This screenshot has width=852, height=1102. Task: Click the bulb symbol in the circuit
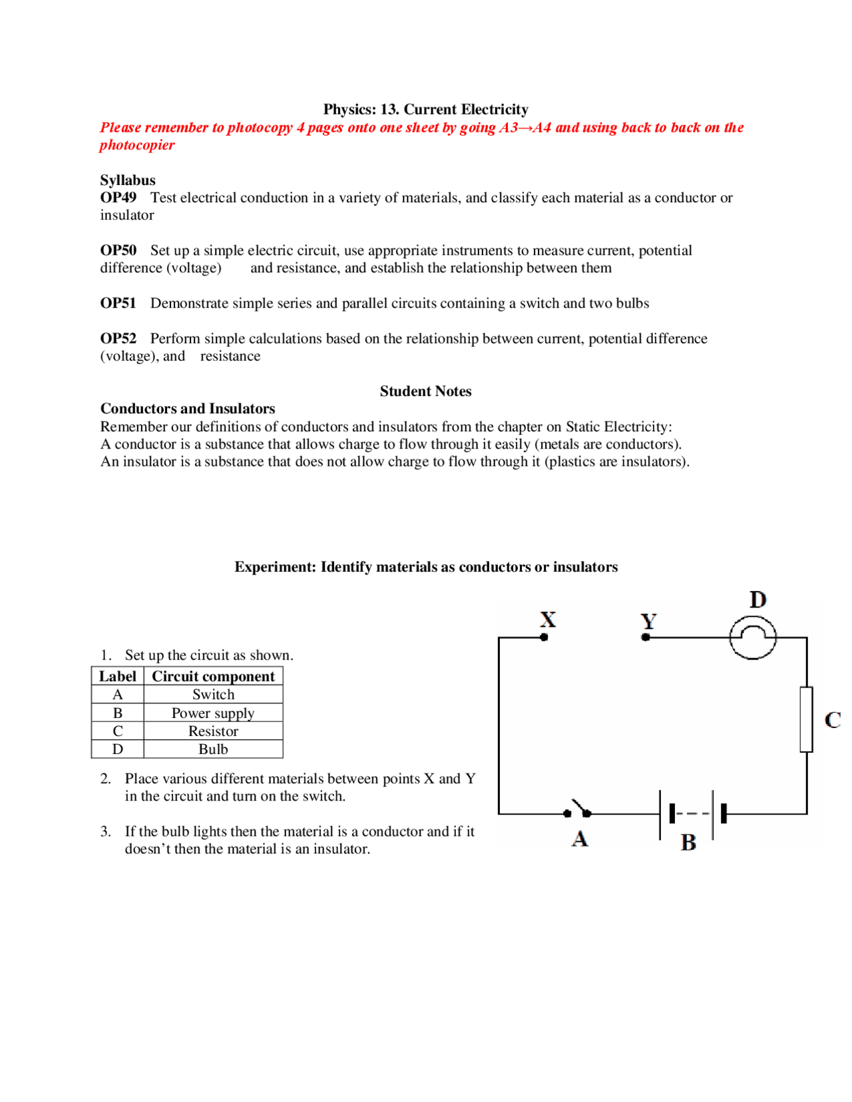point(752,637)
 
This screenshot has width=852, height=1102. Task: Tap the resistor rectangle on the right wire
point(806,719)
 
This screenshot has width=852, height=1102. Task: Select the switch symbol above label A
point(578,809)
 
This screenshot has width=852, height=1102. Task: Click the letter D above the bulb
point(757,600)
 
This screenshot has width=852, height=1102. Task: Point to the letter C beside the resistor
point(832,719)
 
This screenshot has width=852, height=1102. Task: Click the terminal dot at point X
point(544,637)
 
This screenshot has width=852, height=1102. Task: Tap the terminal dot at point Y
point(645,637)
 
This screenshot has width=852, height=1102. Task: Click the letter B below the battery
point(688,842)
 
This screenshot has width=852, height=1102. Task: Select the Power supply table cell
point(213,713)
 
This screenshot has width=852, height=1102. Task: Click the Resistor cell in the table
point(213,731)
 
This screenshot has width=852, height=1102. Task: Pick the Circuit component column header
point(213,676)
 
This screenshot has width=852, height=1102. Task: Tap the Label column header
point(118,676)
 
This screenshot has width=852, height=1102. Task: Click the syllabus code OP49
point(118,198)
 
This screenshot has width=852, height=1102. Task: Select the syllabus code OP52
point(118,338)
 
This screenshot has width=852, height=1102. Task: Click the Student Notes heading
point(425,391)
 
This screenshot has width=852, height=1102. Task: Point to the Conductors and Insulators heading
point(188,409)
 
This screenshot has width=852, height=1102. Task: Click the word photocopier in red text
point(137,145)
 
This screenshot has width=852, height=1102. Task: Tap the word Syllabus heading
point(128,180)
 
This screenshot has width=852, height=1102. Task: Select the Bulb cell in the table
point(213,749)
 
